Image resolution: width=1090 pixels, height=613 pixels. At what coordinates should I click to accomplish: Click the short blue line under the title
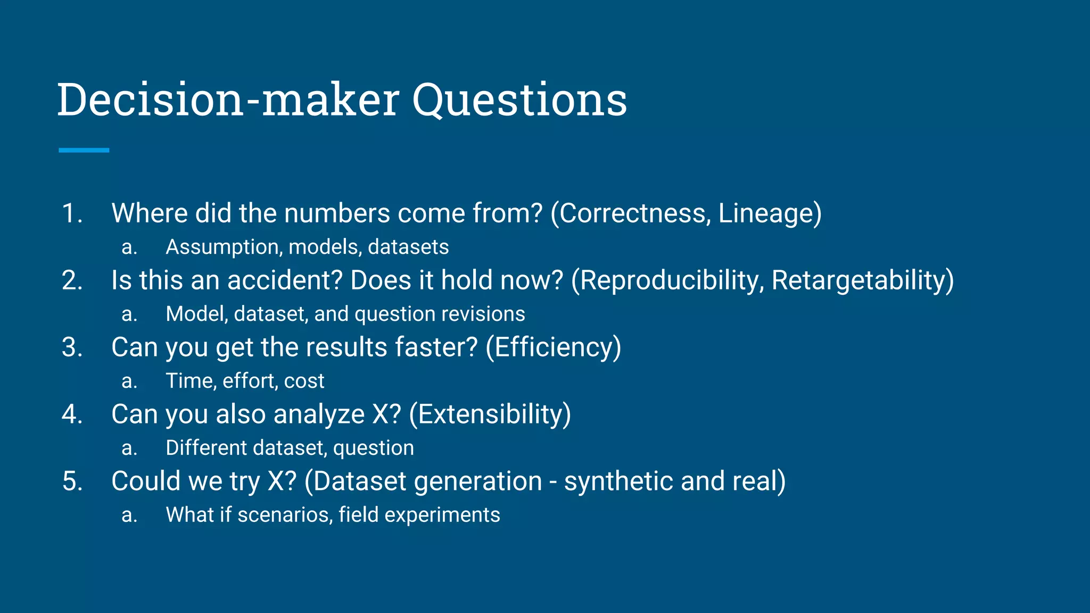84,151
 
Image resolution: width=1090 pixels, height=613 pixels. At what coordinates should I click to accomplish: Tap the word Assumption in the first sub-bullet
224,247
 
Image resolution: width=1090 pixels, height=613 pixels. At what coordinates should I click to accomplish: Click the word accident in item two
284,280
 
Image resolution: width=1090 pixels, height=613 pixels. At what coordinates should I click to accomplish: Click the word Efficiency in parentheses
553,347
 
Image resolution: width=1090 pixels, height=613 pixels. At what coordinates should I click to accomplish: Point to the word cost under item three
304,381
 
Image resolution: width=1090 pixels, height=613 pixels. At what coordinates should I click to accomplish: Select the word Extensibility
490,415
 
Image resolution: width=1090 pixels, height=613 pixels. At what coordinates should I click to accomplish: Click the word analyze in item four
318,415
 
